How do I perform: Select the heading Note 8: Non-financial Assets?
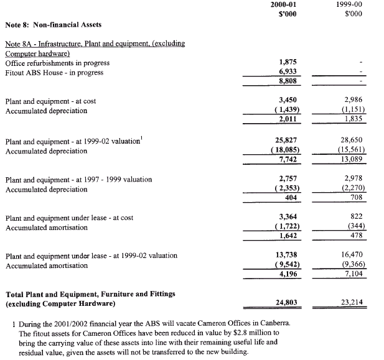[54, 25]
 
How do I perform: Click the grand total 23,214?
[352, 302]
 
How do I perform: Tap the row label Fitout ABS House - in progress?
[54, 73]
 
